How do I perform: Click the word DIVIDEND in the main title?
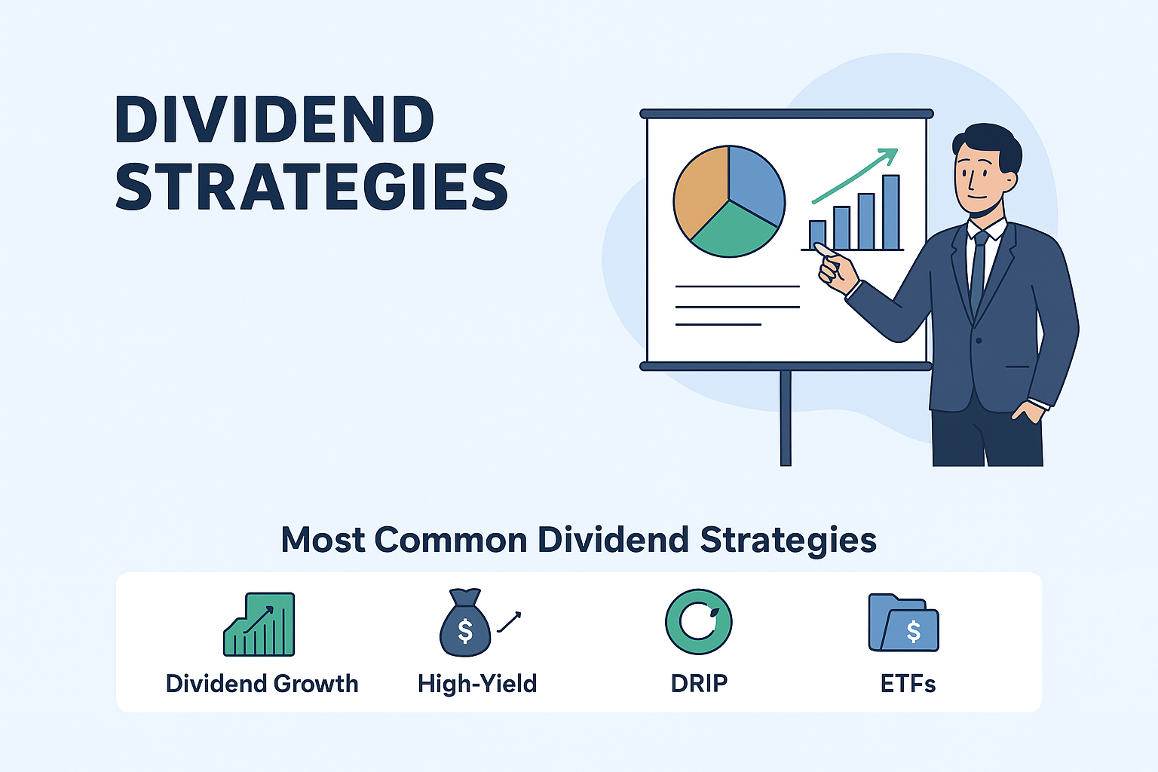(x=274, y=119)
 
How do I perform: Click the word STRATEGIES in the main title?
(x=311, y=186)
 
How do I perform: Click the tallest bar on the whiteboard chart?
(x=890, y=212)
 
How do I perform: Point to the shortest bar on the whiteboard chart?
(x=817, y=235)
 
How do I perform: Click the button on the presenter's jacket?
(x=979, y=341)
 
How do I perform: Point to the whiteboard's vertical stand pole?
(x=786, y=418)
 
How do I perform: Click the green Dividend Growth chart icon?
(x=259, y=624)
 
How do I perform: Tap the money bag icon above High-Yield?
(x=464, y=623)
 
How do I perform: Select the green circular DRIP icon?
(x=698, y=621)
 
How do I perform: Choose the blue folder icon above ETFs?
(x=903, y=623)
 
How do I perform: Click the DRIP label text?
(x=699, y=684)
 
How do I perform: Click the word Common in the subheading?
(x=451, y=540)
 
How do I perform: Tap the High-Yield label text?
(x=477, y=684)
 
